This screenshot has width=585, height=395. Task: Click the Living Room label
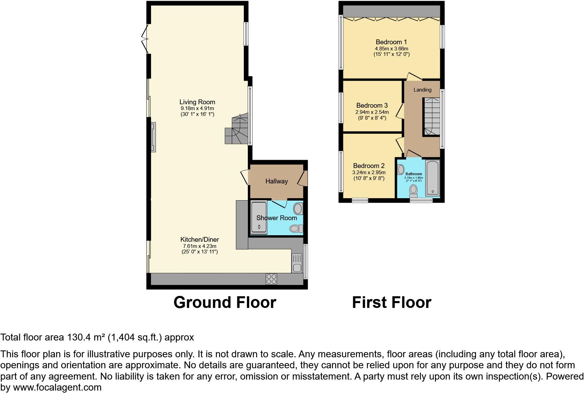pos(197,102)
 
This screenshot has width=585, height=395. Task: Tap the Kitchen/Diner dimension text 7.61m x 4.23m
pos(199,246)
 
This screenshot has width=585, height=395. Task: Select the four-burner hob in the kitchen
pos(271,279)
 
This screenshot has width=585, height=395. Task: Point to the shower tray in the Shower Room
pos(259,217)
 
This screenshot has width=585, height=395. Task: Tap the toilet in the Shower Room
pos(296,228)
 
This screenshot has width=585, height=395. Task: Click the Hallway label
pos(276,181)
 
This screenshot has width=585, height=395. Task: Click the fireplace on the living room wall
pos(153,137)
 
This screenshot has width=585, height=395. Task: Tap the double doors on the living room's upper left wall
pos(145,38)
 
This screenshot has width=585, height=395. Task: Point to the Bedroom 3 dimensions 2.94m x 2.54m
pos(372,112)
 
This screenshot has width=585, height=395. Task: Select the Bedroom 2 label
pos(369,166)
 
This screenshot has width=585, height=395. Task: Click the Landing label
pos(422,90)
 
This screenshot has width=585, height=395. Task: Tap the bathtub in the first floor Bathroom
pos(433,178)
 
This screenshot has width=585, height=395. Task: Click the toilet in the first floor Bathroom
pos(413,191)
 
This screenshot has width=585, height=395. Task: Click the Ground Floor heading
pos(225,302)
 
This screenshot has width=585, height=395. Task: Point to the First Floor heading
pos(391,302)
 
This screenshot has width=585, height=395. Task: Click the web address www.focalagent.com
pos(57,387)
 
